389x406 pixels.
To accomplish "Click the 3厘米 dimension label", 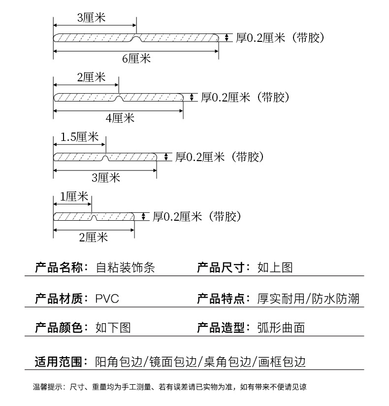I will (x=92, y=18).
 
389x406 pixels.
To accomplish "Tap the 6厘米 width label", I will (x=136, y=59).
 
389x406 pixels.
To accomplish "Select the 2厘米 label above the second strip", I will (x=92, y=77).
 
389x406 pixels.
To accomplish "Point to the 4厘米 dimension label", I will (x=120, y=118).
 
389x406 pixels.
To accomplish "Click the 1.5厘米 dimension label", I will (x=80, y=137).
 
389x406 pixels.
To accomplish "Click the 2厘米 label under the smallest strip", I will (x=93, y=237).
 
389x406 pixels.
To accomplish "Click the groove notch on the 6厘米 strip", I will (x=136, y=37).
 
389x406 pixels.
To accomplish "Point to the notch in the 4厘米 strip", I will (x=119, y=97).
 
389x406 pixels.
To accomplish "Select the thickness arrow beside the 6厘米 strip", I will (x=227, y=38).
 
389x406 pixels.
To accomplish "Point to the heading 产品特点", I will (x=222, y=298).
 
